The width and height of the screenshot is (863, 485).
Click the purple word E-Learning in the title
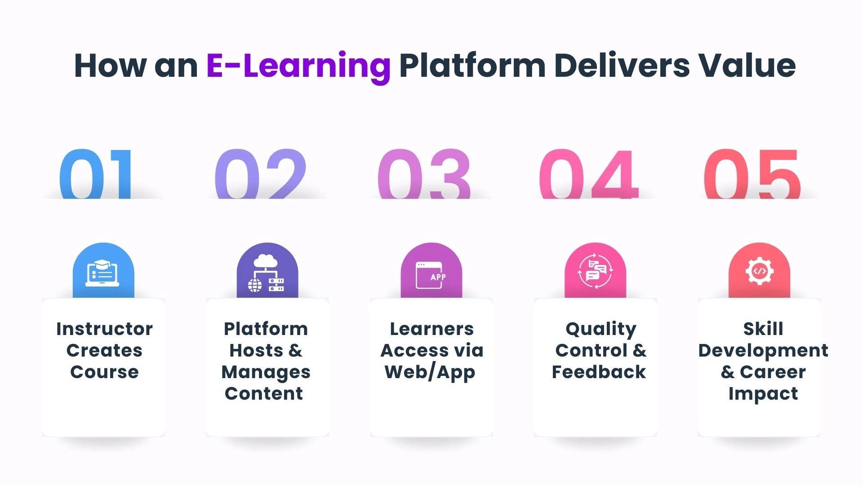[x=298, y=66]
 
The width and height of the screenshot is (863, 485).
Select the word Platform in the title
[x=472, y=66]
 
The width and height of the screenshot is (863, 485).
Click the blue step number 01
[x=96, y=174]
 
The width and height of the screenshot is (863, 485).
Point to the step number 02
[x=261, y=174]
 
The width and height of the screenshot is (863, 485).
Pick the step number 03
[x=424, y=174]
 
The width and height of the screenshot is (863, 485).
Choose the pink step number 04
[x=589, y=174]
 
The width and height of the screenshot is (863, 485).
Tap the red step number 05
[x=752, y=174]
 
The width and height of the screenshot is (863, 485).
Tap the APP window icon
[x=431, y=274]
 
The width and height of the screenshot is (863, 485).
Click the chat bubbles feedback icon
[x=595, y=272]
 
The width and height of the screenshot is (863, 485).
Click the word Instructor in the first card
[x=104, y=329]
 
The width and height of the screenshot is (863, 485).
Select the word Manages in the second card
[x=266, y=372]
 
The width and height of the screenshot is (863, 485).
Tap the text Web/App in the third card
[x=430, y=372]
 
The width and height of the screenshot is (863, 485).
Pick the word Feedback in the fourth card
[x=599, y=372]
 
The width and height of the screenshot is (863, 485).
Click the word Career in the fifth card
[x=773, y=372]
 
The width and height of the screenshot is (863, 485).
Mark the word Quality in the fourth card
[x=601, y=329]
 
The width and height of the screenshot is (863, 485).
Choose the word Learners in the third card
[x=431, y=329]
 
